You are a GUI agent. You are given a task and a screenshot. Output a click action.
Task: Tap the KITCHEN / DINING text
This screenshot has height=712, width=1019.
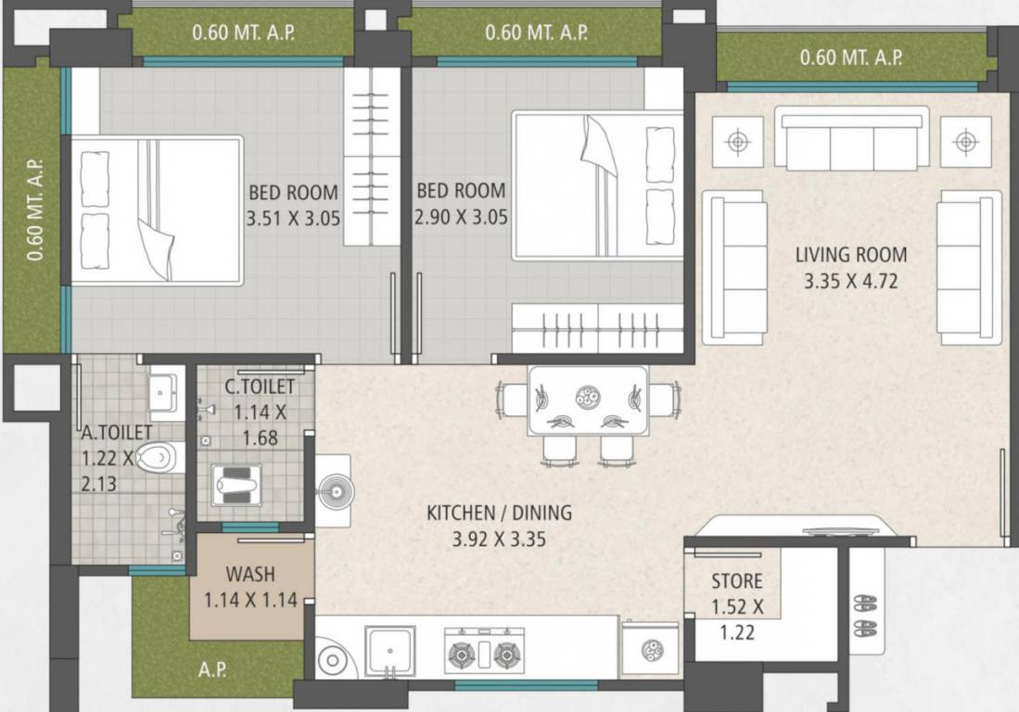pos(499,512)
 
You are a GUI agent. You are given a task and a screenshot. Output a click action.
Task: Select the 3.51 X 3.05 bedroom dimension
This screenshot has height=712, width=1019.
pos(292,220)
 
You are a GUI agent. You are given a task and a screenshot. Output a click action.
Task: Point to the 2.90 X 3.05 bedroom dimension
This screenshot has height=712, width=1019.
pos(461,220)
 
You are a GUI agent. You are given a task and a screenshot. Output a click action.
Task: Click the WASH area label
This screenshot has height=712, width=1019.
pos(250,574)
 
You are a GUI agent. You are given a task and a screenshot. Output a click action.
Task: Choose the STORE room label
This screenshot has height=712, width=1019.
pos(737,581)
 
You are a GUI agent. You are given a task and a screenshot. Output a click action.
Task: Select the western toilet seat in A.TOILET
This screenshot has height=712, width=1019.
pos(160,457)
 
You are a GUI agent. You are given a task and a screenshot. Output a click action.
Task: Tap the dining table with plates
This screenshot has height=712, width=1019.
pos(588,400)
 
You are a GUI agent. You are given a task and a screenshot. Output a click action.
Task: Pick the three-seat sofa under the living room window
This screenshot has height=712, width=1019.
pos(852,139)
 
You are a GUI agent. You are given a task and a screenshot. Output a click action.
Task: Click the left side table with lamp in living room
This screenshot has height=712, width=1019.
pos(738,141)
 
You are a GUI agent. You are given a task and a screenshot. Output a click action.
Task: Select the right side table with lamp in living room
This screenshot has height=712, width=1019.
pos(965,141)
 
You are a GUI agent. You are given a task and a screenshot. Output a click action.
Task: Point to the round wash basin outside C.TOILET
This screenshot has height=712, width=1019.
pos(333,490)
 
